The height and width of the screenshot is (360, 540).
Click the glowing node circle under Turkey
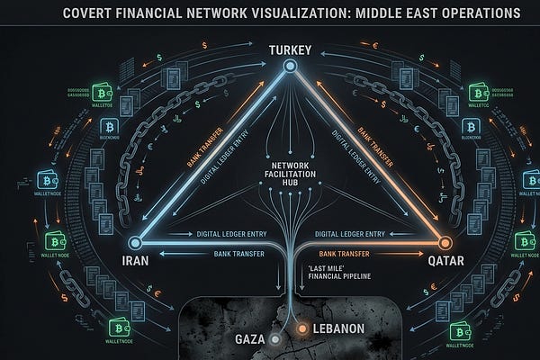click(x=291, y=67)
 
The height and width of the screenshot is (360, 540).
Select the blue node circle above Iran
click(x=135, y=242)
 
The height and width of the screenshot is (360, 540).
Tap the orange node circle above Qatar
click(x=442, y=242)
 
